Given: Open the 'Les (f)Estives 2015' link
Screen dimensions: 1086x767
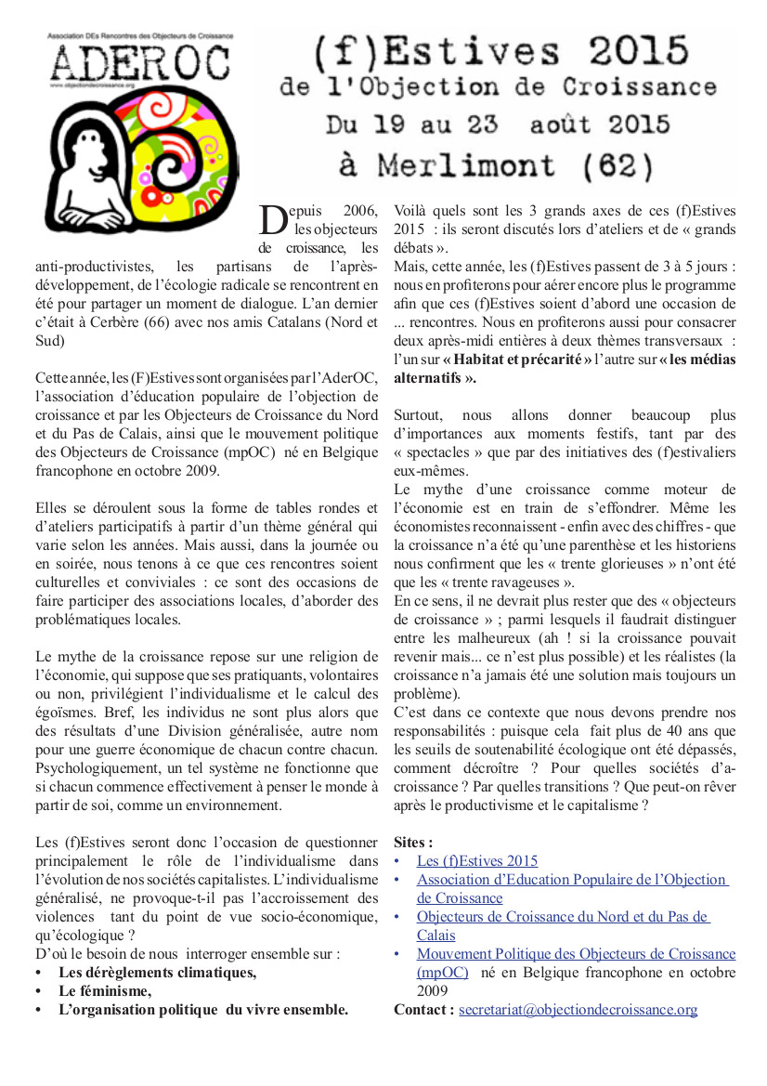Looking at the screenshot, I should pos(476,861).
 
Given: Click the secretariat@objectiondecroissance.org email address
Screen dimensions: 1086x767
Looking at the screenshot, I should pos(578,1010).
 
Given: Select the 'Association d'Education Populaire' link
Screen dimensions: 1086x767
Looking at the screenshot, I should pos(572,880).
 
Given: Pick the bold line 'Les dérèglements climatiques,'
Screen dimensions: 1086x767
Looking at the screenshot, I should pos(157,973).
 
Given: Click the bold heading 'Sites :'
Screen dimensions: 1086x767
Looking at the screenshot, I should pos(413,843).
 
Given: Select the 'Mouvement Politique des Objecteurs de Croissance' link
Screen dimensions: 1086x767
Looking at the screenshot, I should pos(576,954).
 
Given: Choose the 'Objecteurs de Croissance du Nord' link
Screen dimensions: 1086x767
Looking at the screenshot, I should pos(563,917).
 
